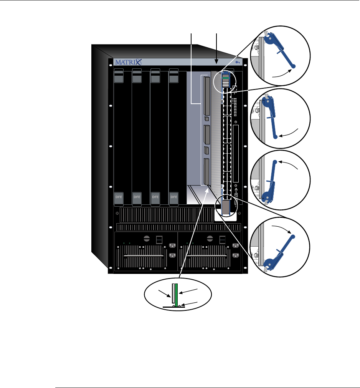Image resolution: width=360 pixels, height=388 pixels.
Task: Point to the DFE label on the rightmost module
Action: [x=174, y=198]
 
